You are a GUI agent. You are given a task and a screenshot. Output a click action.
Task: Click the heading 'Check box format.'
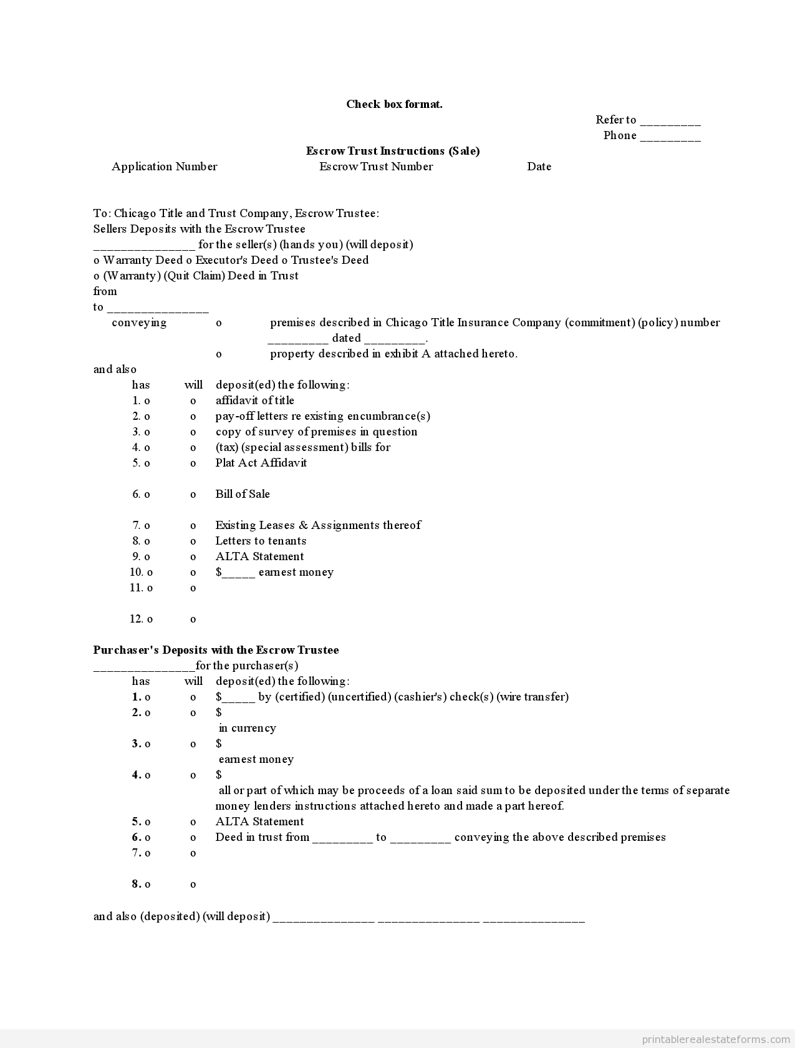[394, 104]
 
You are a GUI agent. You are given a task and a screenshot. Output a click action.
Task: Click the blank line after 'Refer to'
[670, 121]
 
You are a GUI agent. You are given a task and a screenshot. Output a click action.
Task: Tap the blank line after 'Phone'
[670, 137]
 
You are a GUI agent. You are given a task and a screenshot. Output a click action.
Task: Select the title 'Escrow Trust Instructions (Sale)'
[393, 151]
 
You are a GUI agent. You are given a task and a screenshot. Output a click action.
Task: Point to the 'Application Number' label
[164, 167]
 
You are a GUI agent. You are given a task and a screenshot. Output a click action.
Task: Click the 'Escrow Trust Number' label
[375, 167]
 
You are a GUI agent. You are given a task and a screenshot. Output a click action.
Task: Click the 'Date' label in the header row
[539, 167]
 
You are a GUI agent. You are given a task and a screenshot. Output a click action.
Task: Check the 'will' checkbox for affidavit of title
[193, 401]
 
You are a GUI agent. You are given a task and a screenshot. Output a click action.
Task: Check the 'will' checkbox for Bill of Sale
[193, 495]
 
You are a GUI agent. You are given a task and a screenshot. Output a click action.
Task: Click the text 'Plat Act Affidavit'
[261, 463]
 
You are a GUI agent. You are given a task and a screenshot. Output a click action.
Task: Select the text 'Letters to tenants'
[261, 541]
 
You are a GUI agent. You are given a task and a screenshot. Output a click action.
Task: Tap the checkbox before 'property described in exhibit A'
[219, 354]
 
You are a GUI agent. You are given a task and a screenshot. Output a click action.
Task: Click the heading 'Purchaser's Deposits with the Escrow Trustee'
[216, 650]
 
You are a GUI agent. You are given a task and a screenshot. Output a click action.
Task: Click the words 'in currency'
[247, 728]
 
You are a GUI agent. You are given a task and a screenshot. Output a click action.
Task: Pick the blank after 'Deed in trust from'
[342, 838]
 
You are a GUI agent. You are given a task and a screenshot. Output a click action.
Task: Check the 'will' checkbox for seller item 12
[193, 619]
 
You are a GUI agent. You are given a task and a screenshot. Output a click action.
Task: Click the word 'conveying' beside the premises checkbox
[139, 323]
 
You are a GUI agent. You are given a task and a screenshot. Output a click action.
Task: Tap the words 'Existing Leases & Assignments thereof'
[318, 525]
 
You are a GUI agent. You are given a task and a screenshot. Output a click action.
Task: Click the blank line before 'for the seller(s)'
[144, 246]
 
